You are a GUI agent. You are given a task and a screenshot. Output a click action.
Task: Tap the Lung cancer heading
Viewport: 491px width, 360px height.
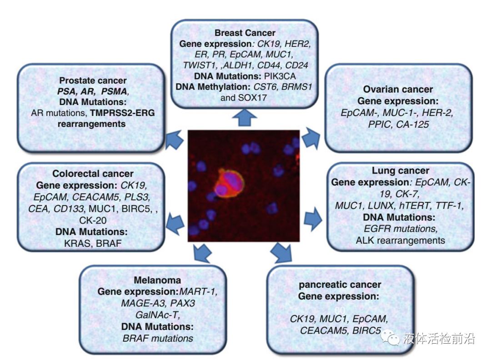coord(400,171)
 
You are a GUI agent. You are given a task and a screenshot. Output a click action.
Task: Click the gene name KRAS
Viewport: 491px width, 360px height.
coord(78,244)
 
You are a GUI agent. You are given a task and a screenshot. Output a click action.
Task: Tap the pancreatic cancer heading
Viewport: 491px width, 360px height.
coord(340,285)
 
